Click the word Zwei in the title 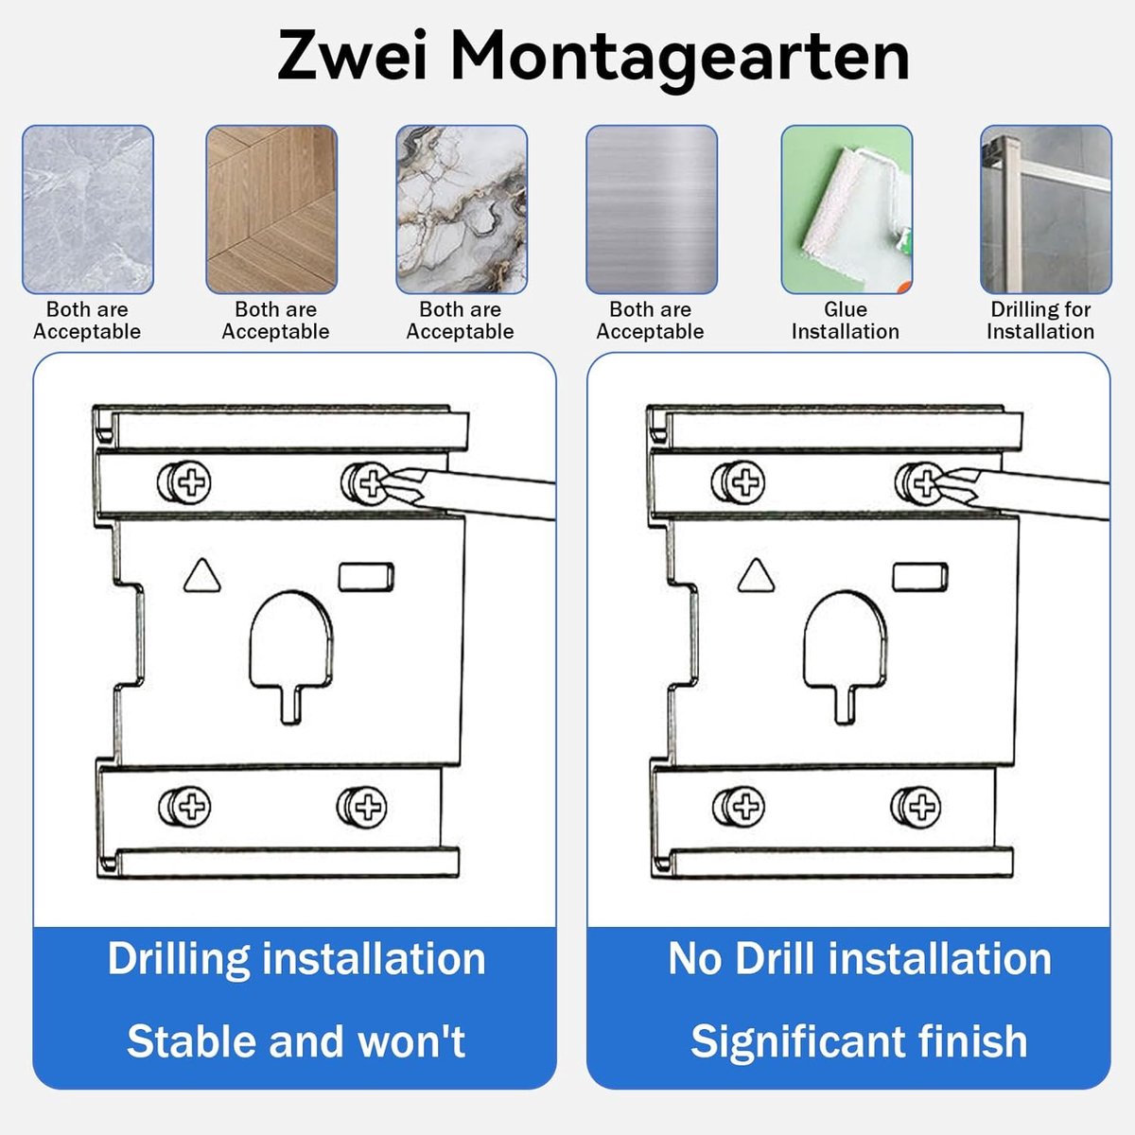pyautogui.click(x=352, y=56)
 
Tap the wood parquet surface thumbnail pyautogui.click(x=271, y=209)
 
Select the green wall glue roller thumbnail pyautogui.click(x=847, y=209)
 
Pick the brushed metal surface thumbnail pyautogui.click(x=652, y=209)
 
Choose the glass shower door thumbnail pyautogui.click(x=1045, y=209)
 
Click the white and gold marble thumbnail pyautogui.click(x=462, y=209)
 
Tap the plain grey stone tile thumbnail pyautogui.click(x=88, y=209)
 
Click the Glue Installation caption pyautogui.click(x=846, y=321)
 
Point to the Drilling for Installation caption pyautogui.click(x=1040, y=321)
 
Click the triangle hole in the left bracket pyautogui.click(x=202, y=575)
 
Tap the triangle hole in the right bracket pyautogui.click(x=756, y=575)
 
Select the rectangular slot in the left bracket pyautogui.click(x=366, y=577)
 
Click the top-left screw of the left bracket pyautogui.click(x=184, y=482)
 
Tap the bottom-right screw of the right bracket pyautogui.click(x=916, y=807)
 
